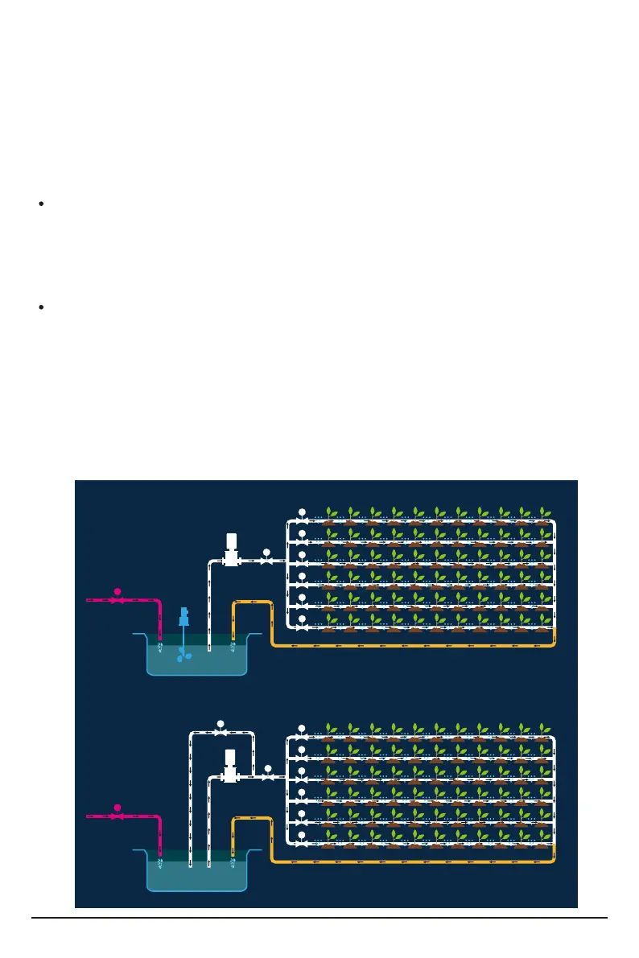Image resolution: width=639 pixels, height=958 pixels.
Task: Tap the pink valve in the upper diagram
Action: [117, 600]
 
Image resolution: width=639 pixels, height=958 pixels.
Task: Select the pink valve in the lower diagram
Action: [117, 816]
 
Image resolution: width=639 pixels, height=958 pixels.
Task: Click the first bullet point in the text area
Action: [40, 205]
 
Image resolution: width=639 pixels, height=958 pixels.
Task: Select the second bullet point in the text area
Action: [40, 308]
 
